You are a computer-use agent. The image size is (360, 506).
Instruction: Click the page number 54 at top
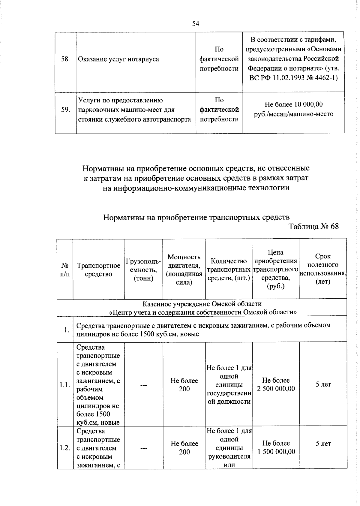[196, 23]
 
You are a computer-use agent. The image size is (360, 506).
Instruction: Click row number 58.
[65, 59]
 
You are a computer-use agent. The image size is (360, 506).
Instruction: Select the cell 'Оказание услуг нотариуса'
[118, 59]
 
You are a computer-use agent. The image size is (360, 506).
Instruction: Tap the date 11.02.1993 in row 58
[286, 78]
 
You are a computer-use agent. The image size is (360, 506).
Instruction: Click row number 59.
[65, 110]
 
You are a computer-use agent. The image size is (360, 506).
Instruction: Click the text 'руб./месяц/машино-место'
[293, 114]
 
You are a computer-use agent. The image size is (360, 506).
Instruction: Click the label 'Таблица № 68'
[313, 226]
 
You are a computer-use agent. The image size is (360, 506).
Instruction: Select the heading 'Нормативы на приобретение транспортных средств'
[196, 217]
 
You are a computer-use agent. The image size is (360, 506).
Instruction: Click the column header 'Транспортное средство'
[98, 270]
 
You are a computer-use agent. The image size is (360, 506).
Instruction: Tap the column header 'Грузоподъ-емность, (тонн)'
[143, 270]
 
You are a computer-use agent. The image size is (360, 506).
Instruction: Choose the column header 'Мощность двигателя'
[184, 270]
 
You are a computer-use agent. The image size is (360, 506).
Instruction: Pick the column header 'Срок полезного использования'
[323, 269]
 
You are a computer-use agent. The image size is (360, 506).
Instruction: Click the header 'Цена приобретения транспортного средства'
[275, 269]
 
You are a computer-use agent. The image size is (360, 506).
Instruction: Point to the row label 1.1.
[65, 385]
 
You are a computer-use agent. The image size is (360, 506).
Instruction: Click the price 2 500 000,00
[276, 389]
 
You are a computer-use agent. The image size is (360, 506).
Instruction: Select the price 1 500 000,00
[276, 452]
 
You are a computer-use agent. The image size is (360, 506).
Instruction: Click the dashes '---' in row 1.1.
[143, 385]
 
